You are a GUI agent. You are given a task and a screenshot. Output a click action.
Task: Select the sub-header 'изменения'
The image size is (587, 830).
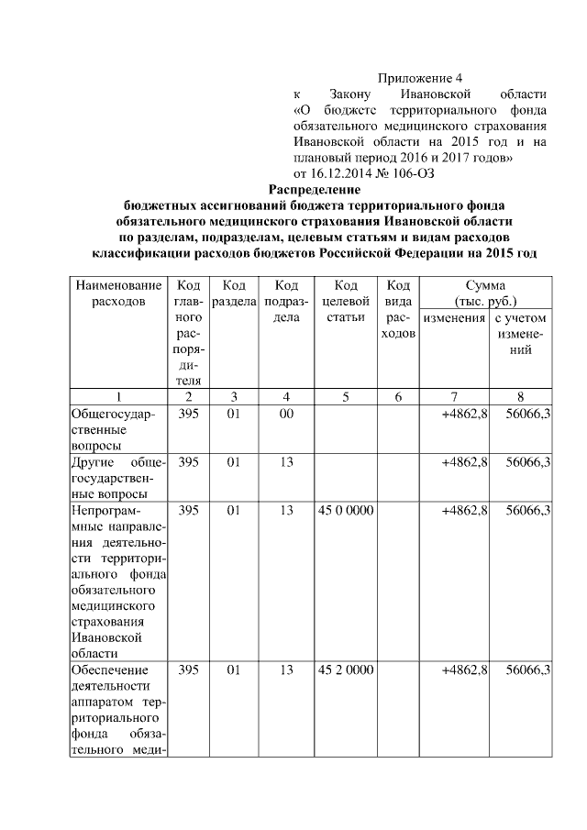453,317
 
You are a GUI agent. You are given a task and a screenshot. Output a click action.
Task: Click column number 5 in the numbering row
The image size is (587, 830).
345,396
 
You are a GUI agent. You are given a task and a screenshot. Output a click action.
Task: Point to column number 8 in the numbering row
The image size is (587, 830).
521,396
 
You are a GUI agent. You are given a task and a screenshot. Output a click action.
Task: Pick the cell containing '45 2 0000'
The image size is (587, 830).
345,670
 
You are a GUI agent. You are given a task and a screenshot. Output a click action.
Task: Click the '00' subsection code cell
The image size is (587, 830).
286,413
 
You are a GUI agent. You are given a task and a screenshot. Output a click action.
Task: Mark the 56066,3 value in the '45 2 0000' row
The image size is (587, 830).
527,670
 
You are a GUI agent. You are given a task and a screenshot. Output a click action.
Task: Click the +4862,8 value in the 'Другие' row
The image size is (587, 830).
463,462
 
